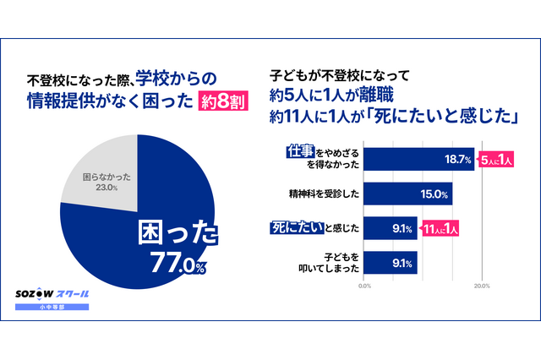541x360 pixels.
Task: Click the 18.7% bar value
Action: [458, 158]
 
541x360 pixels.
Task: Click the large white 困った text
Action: [178, 232]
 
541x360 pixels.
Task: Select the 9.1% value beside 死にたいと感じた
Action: [402, 227]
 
